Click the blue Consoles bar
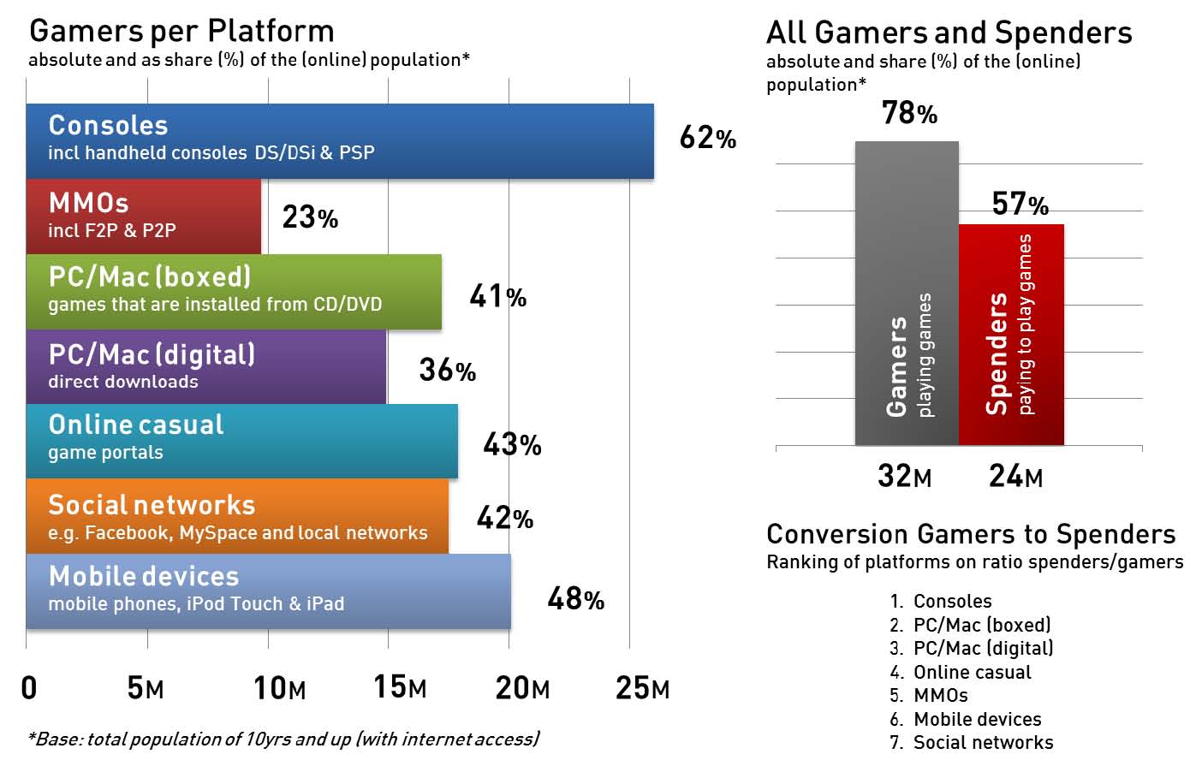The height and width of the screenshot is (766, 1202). tap(340, 141)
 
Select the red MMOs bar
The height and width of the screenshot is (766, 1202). tap(143, 217)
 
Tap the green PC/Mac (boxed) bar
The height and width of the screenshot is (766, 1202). tap(234, 291)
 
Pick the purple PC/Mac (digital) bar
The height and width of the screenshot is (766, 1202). tap(205, 366)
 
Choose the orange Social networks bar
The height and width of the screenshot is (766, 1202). tap(237, 516)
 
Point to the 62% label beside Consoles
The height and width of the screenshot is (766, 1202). tap(707, 138)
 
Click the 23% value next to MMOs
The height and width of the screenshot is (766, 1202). tap(310, 217)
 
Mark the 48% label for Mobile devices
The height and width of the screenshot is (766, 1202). tap(575, 599)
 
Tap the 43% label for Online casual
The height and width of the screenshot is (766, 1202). tap(512, 444)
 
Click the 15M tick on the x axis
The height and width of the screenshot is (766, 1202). tap(400, 687)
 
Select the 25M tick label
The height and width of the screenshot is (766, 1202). tap(642, 687)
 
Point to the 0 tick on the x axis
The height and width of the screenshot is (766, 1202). tap(29, 687)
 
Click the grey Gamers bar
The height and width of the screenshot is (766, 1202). tap(907, 294)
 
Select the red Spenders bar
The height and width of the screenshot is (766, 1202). tap(1011, 335)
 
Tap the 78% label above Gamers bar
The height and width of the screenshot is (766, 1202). tap(909, 113)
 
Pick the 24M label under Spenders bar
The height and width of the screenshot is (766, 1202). tap(1015, 476)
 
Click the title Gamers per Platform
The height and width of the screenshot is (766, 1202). tap(181, 32)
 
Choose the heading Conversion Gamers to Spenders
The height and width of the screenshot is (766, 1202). tap(971, 534)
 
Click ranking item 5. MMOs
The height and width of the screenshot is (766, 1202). tap(930, 696)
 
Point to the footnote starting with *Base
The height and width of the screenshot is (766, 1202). tap(283, 739)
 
